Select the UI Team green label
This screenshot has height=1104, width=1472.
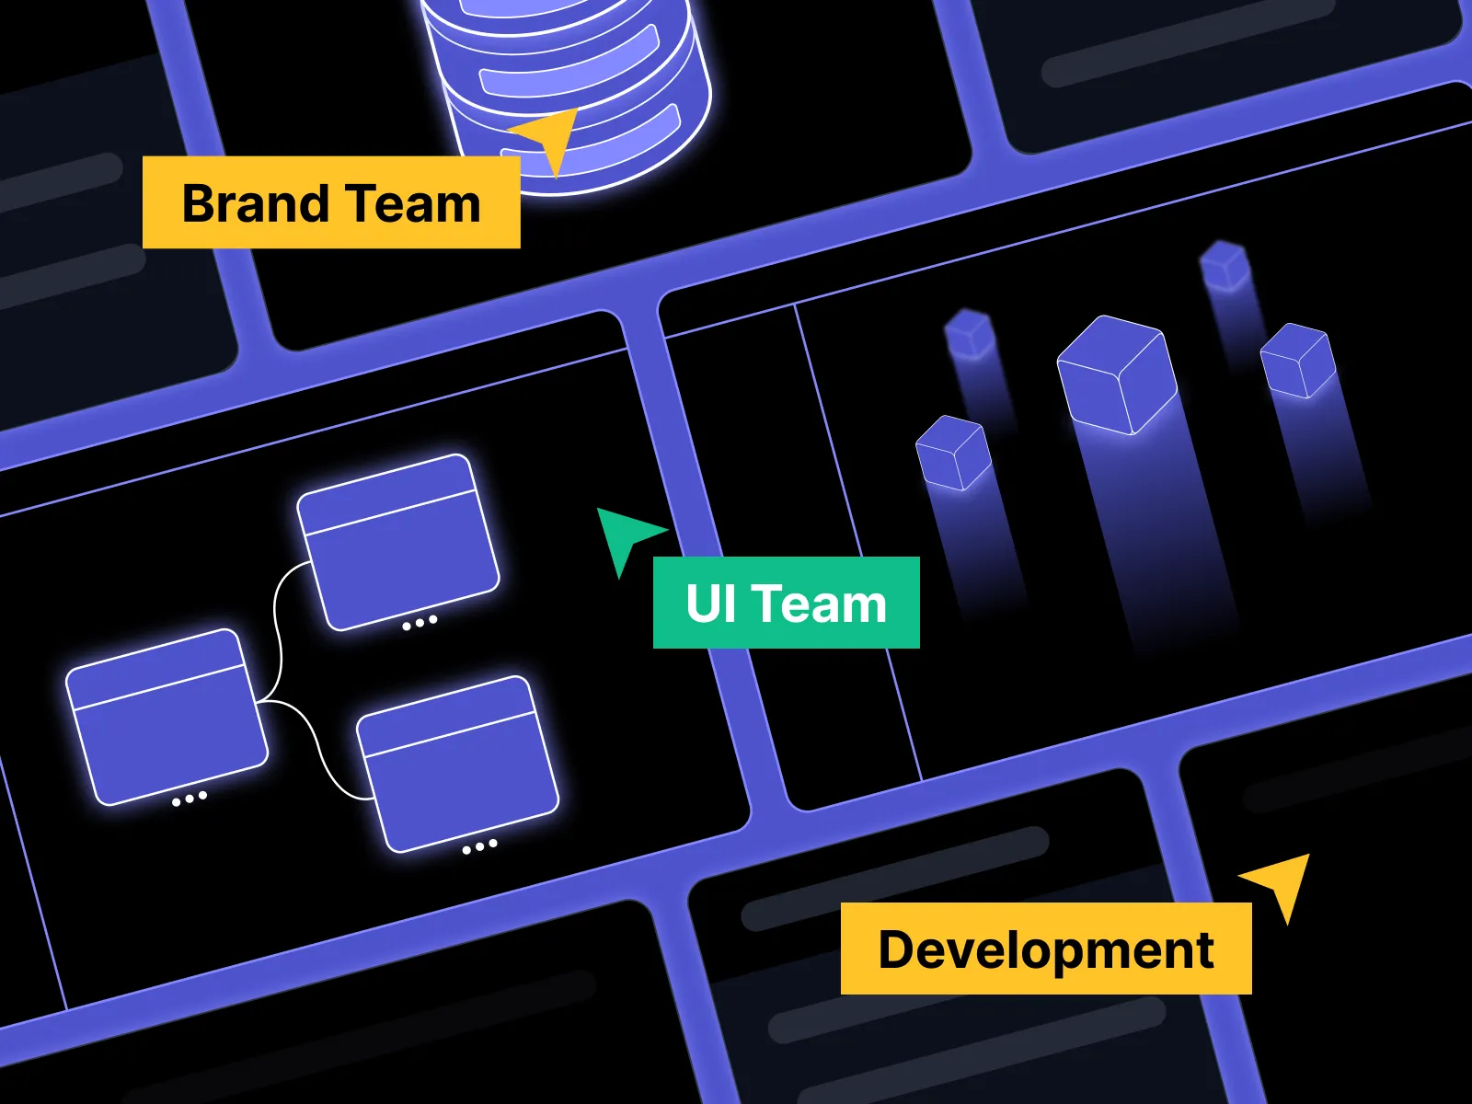786,603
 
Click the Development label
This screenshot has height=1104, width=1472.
1046,949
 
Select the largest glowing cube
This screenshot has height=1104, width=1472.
1117,374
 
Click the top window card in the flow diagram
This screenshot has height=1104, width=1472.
398,542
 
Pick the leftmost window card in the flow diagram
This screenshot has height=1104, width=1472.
167,718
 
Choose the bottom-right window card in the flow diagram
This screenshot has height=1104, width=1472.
457,765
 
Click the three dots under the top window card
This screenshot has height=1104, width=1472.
420,624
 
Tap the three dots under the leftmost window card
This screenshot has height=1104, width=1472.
190,799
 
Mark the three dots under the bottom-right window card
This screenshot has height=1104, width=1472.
480,846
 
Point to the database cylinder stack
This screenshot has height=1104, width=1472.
567,94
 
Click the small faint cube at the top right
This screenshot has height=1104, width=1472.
1225,266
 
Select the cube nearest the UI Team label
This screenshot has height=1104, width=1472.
953,454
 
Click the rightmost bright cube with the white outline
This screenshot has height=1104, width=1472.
1298,361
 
